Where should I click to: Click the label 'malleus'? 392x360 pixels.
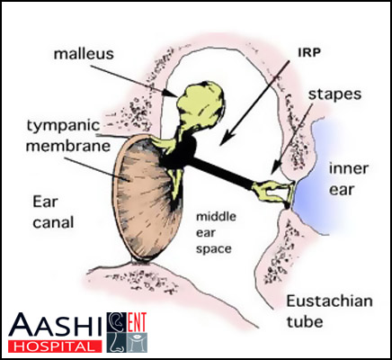(x=84, y=54)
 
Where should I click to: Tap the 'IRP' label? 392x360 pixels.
(x=309, y=53)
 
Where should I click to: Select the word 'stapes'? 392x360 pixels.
(x=334, y=94)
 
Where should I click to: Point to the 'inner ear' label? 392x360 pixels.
(x=349, y=179)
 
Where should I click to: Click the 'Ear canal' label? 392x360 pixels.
(x=53, y=212)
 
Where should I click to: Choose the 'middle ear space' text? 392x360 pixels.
(x=216, y=233)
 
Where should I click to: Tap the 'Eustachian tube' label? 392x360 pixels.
(x=330, y=310)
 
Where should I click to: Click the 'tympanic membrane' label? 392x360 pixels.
(x=68, y=136)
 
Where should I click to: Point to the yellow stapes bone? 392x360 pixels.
(x=272, y=192)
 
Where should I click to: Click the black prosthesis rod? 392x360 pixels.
(x=222, y=171)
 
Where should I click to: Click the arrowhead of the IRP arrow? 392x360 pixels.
(x=229, y=137)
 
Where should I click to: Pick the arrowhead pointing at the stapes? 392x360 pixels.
(x=276, y=167)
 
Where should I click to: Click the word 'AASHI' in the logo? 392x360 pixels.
(x=56, y=326)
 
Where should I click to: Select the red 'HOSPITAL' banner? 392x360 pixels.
(x=55, y=346)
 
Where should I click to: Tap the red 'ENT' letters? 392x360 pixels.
(x=137, y=322)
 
